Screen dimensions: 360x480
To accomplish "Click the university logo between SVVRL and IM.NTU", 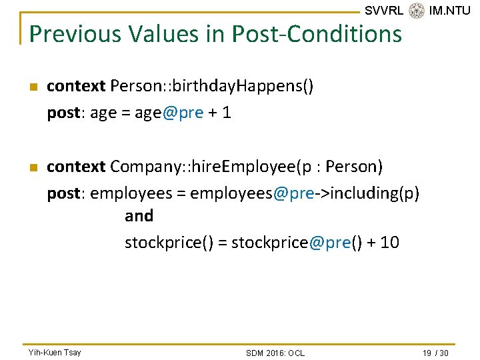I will [x=417, y=11].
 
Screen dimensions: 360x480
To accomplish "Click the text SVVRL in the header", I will [x=384, y=11].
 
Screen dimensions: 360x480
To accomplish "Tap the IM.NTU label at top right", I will [x=450, y=11].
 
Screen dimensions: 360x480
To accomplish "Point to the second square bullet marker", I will [x=33, y=167].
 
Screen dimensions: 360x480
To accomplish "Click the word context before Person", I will [x=76, y=86].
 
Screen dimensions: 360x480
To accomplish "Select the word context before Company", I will [x=76, y=166].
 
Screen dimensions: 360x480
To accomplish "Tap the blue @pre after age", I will [x=183, y=113].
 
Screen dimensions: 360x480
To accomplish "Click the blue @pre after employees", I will [x=293, y=193].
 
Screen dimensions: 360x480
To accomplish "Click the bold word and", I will [x=139, y=216].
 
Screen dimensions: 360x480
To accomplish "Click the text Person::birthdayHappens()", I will [x=212, y=86].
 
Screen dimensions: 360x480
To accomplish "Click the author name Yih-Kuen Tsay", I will [x=55, y=352].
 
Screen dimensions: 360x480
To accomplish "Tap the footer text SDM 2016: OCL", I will [x=275, y=353].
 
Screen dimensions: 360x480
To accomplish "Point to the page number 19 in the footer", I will [x=427, y=353].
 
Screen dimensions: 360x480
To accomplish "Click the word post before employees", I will [x=63, y=193].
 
